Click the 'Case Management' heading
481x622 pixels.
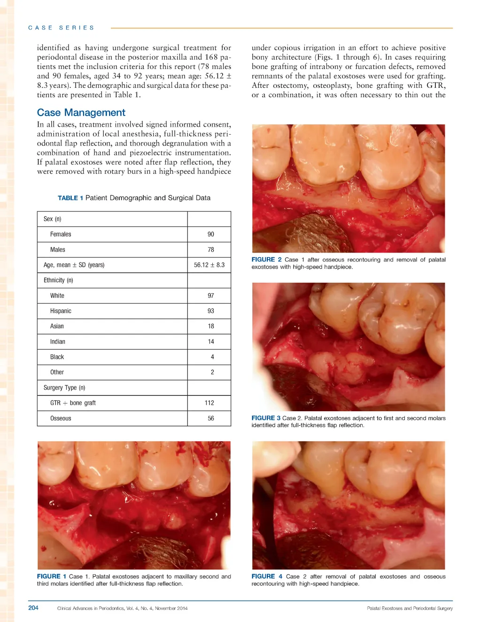[x=81, y=113]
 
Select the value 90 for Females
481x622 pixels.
[x=211, y=234]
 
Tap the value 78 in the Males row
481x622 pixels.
[x=211, y=250]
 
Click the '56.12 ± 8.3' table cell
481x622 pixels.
[x=209, y=265]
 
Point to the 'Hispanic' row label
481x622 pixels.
[x=61, y=311]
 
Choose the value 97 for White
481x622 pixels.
[x=211, y=296]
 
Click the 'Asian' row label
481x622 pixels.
[x=57, y=326]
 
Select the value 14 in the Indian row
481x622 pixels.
[x=211, y=342]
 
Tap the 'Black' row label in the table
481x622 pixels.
[x=57, y=357]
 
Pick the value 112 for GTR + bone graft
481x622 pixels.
[x=209, y=403]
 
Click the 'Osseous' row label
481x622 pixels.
[x=61, y=418]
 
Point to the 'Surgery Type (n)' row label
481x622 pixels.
[x=64, y=388]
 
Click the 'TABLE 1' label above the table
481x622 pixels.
[x=70, y=198]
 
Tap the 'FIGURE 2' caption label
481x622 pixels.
[x=266, y=260]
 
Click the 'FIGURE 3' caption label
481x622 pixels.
[x=266, y=418]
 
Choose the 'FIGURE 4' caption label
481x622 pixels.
[x=266, y=576]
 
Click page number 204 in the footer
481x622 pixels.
[x=33, y=608]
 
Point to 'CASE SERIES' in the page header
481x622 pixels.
[x=61, y=28]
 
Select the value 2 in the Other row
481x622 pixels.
[x=212, y=372]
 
